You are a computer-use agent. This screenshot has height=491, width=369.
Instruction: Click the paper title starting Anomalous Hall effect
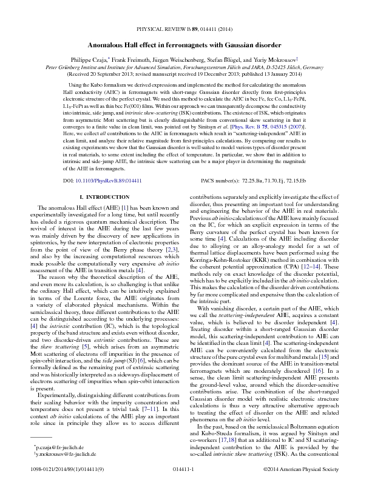pos(184,45)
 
